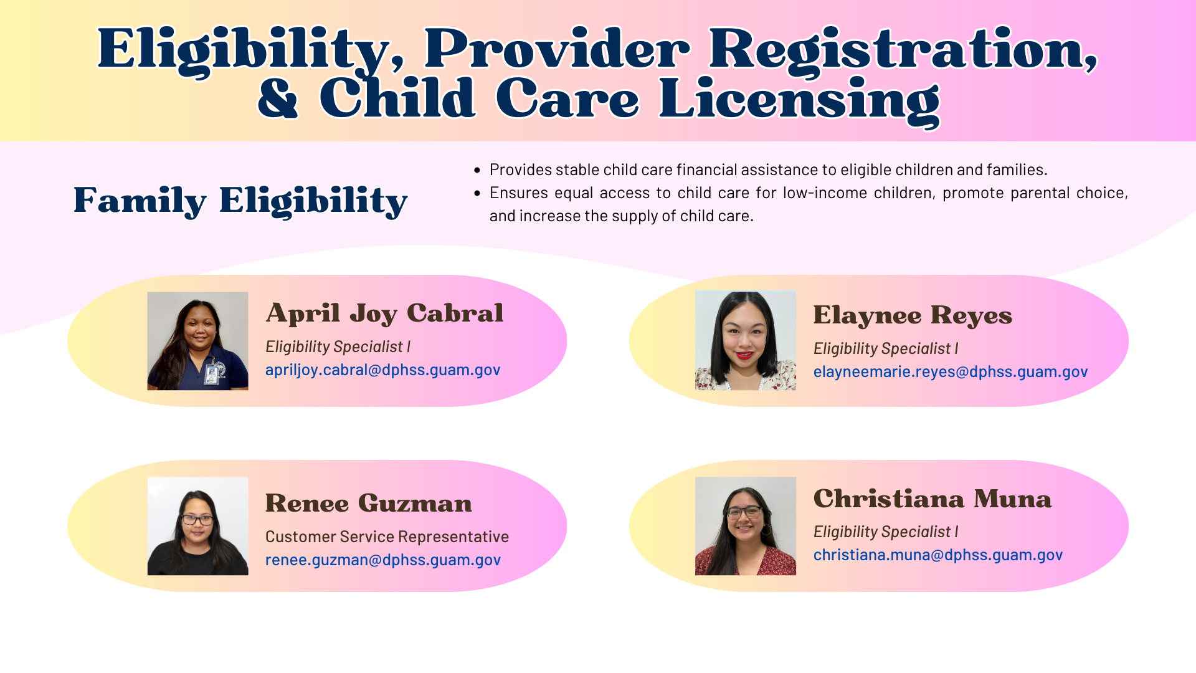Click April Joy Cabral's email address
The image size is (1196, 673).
[x=382, y=370]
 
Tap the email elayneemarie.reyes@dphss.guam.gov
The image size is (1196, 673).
[x=951, y=371]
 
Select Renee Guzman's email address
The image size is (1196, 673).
[x=383, y=560]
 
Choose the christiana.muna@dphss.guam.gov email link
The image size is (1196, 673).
[x=938, y=555]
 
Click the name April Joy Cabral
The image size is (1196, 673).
[x=384, y=313]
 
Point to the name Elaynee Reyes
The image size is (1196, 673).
[x=913, y=316]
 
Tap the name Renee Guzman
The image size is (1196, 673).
[x=369, y=503]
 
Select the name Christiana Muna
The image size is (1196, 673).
[x=933, y=499]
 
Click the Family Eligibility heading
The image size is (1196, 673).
[x=240, y=201]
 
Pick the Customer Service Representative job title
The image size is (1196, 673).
[x=387, y=537]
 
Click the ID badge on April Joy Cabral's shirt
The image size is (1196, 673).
[x=212, y=375]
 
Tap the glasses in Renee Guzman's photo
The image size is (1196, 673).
[x=197, y=520]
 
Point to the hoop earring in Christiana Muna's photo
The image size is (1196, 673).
[x=767, y=530]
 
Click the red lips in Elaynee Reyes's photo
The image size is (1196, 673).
[x=744, y=356]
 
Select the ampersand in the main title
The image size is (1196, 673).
[x=278, y=98]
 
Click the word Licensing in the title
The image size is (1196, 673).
[x=799, y=100]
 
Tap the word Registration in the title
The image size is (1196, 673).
[x=903, y=50]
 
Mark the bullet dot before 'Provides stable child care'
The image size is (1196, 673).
[x=477, y=170]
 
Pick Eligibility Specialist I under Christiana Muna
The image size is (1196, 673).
[x=886, y=532]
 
